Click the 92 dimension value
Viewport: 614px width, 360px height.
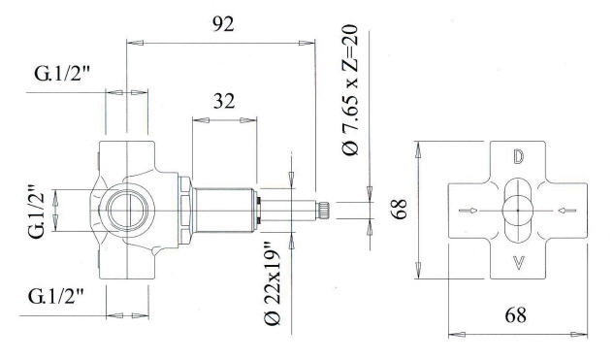(x=223, y=24)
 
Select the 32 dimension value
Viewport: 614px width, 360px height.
(x=224, y=101)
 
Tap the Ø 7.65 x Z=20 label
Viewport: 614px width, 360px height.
(x=350, y=89)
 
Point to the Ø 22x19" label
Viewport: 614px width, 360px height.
(x=273, y=284)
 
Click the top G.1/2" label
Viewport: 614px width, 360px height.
(x=63, y=73)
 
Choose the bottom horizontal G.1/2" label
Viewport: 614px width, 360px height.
(x=56, y=297)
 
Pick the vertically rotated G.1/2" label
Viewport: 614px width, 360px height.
(x=37, y=212)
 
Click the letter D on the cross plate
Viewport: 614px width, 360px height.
(x=518, y=156)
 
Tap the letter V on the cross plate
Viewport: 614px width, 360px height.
(x=518, y=262)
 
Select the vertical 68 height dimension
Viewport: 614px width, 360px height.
(x=400, y=210)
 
